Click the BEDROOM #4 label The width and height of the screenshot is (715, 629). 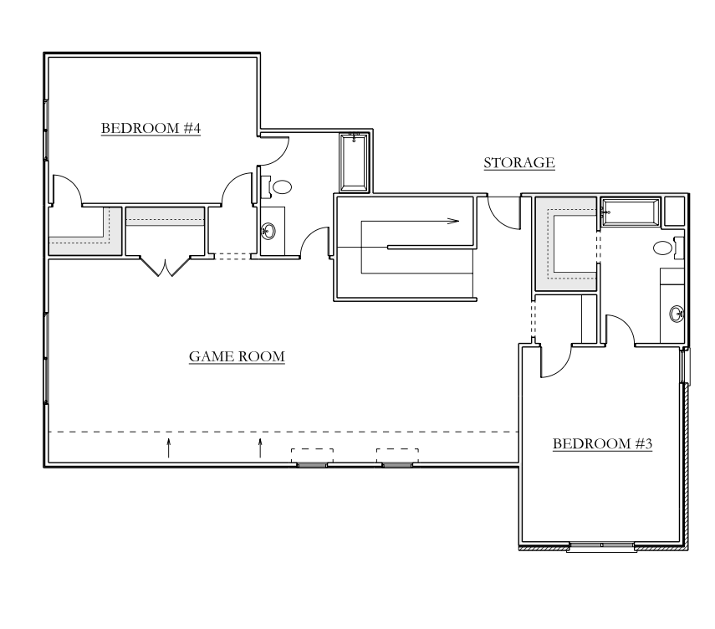coord(151,128)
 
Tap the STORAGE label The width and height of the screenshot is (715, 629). coord(519,163)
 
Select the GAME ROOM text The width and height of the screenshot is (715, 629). coord(237,356)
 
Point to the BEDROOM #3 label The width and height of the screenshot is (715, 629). coord(602,443)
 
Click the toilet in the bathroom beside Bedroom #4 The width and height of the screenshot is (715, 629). coord(278,187)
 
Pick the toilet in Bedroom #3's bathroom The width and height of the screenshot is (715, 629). coord(668,248)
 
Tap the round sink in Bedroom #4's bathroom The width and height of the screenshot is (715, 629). coord(268,231)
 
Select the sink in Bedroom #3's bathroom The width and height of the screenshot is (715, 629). coord(677,314)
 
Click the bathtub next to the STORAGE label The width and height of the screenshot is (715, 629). coord(354,162)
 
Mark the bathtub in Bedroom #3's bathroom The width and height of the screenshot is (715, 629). coord(631,212)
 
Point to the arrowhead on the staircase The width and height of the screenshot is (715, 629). coord(453,221)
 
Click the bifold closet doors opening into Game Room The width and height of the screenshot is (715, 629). coord(164,267)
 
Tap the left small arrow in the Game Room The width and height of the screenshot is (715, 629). coord(169,448)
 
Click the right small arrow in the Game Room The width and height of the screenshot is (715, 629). coord(260,448)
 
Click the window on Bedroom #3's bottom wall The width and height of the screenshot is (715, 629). coord(601,546)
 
